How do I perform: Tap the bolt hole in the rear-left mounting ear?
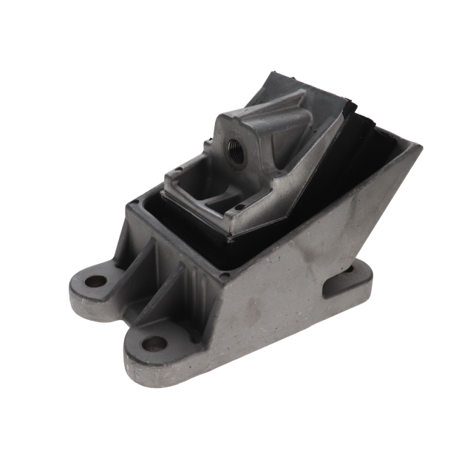tap(95, 282)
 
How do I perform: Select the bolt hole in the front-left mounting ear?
tap(153, 343)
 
